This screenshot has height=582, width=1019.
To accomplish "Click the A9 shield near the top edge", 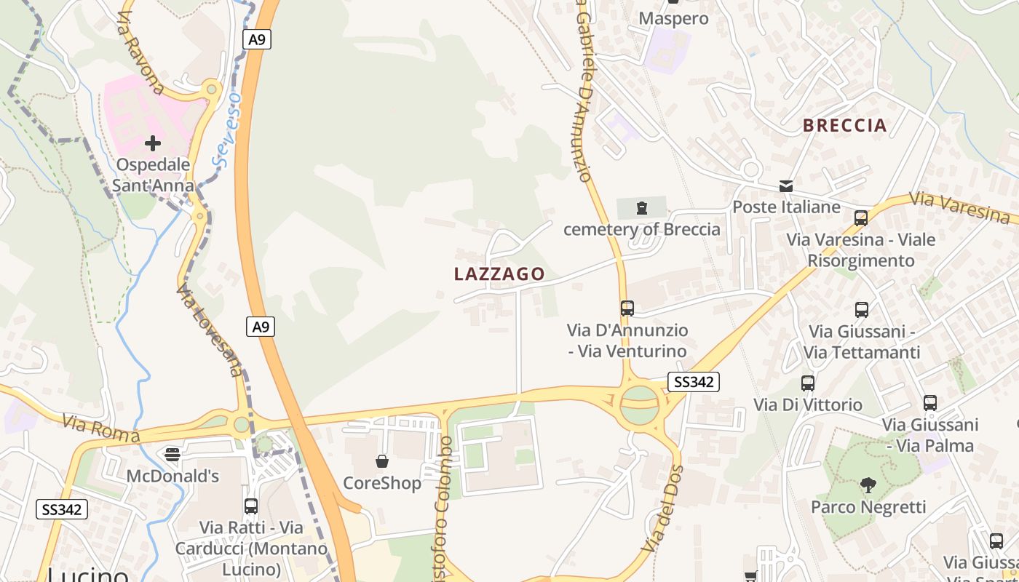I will pyautogui.click(x=257, y=39).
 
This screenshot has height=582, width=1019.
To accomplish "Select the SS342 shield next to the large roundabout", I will pyautogui.click(x=694, y=381).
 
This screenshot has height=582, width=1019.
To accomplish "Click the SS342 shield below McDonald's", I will pyautogui.click(x=62, y=509).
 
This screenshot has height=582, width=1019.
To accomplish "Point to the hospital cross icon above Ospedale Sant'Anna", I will pyautogui.click(x=153, y=143).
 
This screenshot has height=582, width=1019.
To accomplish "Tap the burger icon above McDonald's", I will pyautogui.click(x=173, y=455).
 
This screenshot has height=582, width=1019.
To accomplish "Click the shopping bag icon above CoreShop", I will pyautogui.click(x=381, y=461).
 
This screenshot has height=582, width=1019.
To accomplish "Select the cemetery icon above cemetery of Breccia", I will pyautogui.click(x=641, y=208).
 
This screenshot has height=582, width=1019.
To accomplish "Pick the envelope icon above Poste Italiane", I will pyautogui.click(x=786, y=186).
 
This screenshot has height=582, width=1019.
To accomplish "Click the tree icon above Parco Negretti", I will pyautogui.click(x=868, y=485).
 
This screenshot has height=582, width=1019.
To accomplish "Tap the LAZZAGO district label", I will pyautogui.click(x=499, y=274).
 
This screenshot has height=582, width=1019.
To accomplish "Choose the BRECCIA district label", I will pyautogui.click(x=845, y=125).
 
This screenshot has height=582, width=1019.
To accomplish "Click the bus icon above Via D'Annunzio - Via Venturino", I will pyautogui.click(x=627, y=308).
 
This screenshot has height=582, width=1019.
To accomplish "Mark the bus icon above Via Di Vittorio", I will pyautogui.click(x=808, y=383).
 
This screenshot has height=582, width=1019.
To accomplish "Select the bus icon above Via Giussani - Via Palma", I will pyautogui.click(x=929, y=403).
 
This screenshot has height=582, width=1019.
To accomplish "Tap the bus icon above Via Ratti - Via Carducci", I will pyautogui.click(x=251, y=506).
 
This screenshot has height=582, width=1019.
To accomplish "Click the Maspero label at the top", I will pyautogui.click(x=673, y=18).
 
